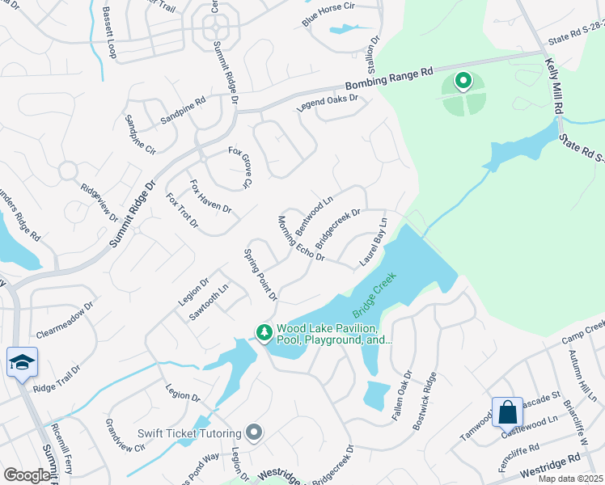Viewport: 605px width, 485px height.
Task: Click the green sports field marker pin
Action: (463, 81)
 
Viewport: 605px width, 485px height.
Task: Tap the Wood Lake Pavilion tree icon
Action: (264, 332)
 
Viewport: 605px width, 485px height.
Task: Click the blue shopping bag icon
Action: (507, 411)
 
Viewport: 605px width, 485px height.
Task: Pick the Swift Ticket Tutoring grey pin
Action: (255, 433)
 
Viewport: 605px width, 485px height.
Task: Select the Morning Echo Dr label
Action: (301, 238)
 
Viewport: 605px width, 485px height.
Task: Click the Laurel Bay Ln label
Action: (374, 241)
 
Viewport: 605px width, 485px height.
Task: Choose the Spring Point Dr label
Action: (260, 275)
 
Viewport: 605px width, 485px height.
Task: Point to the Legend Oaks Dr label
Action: (327, 104)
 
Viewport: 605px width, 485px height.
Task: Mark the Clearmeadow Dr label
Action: (65, 321)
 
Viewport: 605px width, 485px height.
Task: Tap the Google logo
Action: (27, 475)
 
